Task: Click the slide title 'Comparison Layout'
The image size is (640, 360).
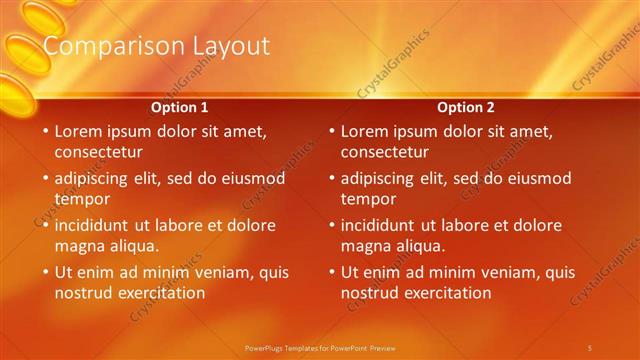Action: click(156, 47)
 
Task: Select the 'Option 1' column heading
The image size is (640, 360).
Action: click(179, 107)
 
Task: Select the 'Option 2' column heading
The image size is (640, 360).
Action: click(465, 107)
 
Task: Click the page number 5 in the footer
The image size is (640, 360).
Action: click(590, 347)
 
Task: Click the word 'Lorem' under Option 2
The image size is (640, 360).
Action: click(365, 131)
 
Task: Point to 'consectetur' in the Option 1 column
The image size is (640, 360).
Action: click(98, 153)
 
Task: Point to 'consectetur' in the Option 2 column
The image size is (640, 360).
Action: click(384, 153)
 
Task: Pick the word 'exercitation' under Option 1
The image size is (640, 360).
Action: click(160, 293)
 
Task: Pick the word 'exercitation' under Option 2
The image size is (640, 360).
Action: click(446, 293)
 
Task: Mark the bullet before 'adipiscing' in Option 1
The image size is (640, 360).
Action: click(46, 179)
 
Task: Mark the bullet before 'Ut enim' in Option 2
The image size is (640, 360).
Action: click(332, 272)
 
